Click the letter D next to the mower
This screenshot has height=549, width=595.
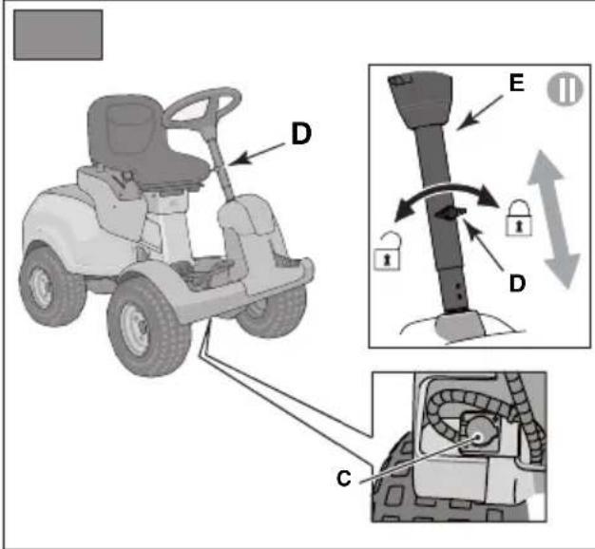tap(301, 134)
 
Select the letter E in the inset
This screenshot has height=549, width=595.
tap(517, 83)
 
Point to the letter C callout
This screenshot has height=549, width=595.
tap(344, 479)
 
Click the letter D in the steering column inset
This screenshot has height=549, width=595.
tap(517, 283)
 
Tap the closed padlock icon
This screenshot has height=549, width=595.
tap(518, 218)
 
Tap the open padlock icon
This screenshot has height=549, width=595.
tap(387, 252)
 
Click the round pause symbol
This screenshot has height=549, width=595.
tap(565, 88)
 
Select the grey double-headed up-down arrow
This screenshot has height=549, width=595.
tap(554, 219)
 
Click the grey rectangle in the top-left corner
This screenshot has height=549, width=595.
tap(58, 35)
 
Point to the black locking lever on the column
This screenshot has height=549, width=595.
tap(450, 213)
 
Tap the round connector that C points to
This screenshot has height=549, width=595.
tap(478, 436)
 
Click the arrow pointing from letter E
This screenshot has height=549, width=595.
tap(480, 113)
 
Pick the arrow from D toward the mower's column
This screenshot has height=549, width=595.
tap(257, 154)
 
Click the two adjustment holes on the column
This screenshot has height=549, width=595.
tap(459, 292)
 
